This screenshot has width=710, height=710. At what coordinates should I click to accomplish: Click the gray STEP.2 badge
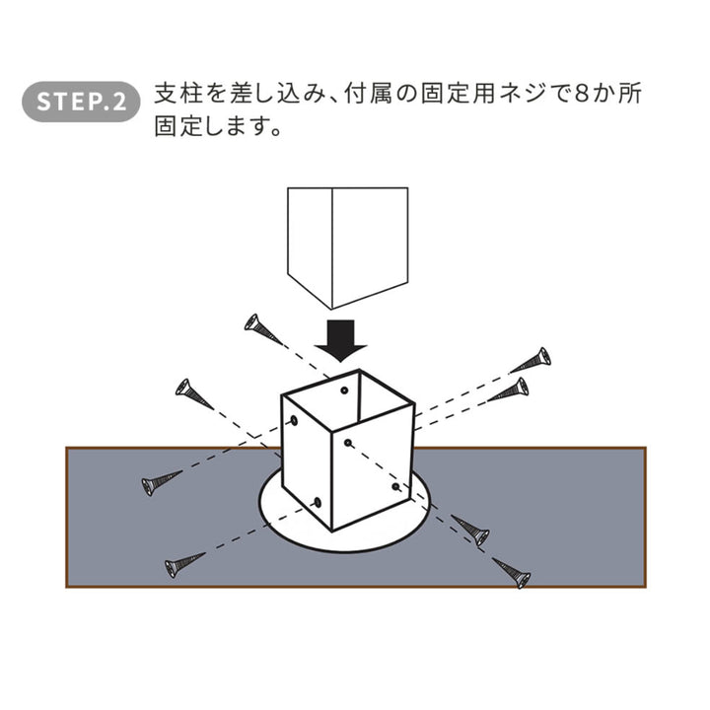click(x=81, y=102)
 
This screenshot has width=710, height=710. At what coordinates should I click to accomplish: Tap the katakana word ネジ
click(x=522, y=95)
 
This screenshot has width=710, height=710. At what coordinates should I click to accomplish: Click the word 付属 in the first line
click(x=368, y=95)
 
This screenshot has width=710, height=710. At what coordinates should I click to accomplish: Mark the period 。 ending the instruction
click(x=275, y=132)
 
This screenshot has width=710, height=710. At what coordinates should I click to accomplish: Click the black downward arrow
click(x=340, y=340)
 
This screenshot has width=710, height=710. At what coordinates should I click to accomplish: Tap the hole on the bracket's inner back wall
click(x=344, y=390)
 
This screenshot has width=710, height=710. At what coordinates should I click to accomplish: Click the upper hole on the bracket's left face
click(x=294, y=421)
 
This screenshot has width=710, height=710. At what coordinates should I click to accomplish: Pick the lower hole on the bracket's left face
click(x=318, y=502)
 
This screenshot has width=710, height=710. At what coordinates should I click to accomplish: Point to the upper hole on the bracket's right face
click(x=348, y=443)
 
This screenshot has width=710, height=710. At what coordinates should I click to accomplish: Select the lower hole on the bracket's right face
click(x=395, y=487)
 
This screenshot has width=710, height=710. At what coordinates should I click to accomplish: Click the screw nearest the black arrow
click(x=263, y=329)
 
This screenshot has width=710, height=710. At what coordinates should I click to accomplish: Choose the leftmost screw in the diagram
click(x=162, y=483)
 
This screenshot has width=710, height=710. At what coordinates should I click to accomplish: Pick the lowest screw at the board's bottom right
click(x=512, y=573)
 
